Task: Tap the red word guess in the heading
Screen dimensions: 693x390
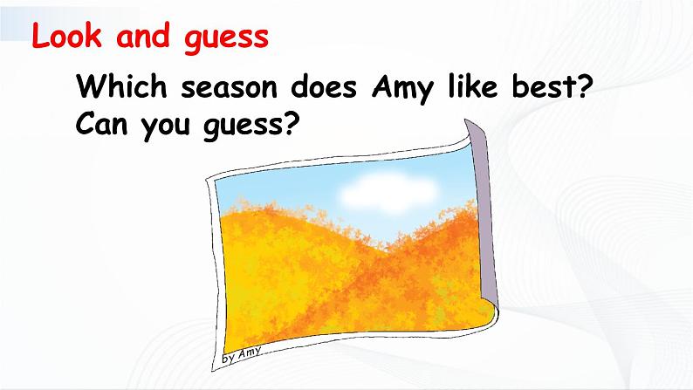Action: [226, 39]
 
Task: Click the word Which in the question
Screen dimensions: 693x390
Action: [121, 86]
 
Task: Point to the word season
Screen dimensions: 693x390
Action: [229, 88]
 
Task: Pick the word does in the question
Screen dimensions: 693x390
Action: [324, 86]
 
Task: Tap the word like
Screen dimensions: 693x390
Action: [473, 86]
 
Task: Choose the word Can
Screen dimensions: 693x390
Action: [101, 124]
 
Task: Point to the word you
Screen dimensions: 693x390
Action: [166, 127]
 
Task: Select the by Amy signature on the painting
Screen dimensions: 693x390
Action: [241, 355]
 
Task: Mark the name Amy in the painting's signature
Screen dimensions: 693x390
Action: [250, 352]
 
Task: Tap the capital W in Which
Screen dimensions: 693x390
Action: [92, 86]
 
